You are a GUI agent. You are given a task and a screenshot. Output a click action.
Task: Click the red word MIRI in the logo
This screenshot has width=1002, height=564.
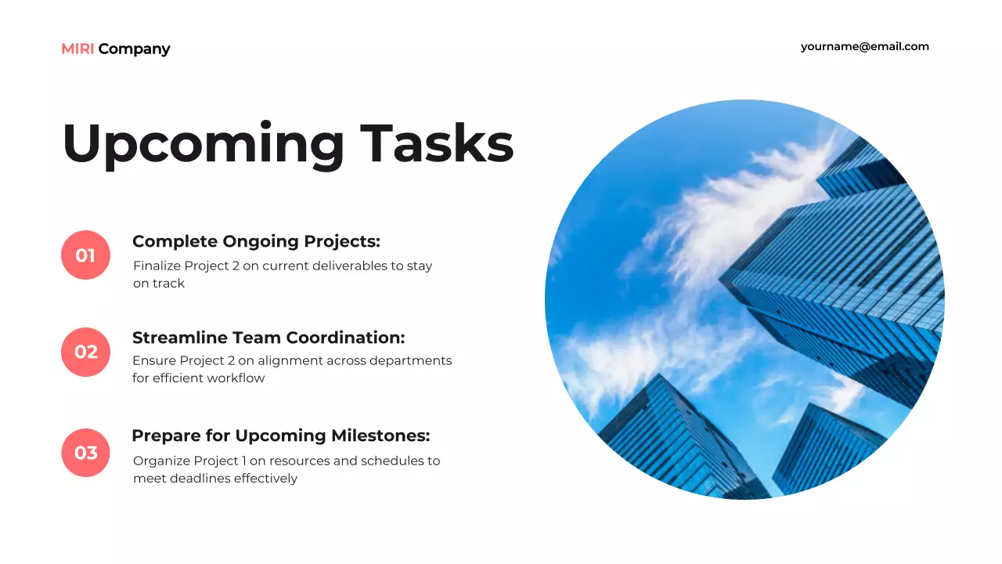[x=77, y=49]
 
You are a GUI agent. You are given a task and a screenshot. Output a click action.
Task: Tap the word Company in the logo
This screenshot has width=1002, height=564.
[x=134, y=49]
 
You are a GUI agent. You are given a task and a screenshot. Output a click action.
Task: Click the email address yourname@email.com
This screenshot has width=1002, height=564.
[x=864, y=46]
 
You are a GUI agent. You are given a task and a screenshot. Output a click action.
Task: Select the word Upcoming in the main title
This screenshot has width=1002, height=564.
[x=203, y=144]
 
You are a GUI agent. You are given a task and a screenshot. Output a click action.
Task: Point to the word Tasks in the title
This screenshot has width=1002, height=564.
[x=437, y=144]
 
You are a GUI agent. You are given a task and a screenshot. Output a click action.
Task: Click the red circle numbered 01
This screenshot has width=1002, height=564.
[x=85, y=255]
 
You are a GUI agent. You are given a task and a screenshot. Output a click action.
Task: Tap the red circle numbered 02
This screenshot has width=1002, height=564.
[x=85, y=352]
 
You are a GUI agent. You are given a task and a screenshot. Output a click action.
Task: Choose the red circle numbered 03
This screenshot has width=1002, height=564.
[x=85, y=453]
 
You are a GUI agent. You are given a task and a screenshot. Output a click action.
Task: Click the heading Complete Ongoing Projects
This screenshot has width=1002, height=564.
[x=256, y=241]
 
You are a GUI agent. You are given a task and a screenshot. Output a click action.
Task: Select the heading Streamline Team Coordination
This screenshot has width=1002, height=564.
[x=269, y=338]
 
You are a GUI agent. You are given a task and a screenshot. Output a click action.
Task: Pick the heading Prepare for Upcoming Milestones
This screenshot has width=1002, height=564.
[x=280, y=436]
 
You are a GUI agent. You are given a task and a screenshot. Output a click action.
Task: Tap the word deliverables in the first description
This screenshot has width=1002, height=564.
[x=349, y=266]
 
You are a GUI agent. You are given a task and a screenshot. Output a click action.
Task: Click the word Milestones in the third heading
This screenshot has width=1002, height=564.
[x=380, y=436]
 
